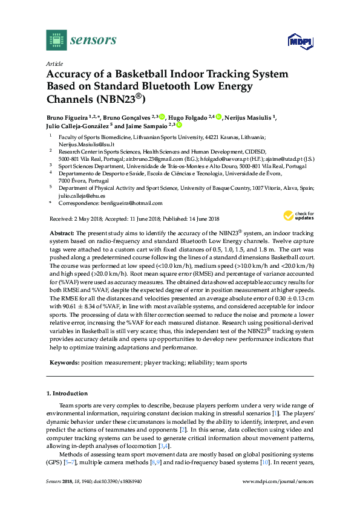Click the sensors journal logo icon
click(56, 41)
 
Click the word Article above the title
click(53, 63)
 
